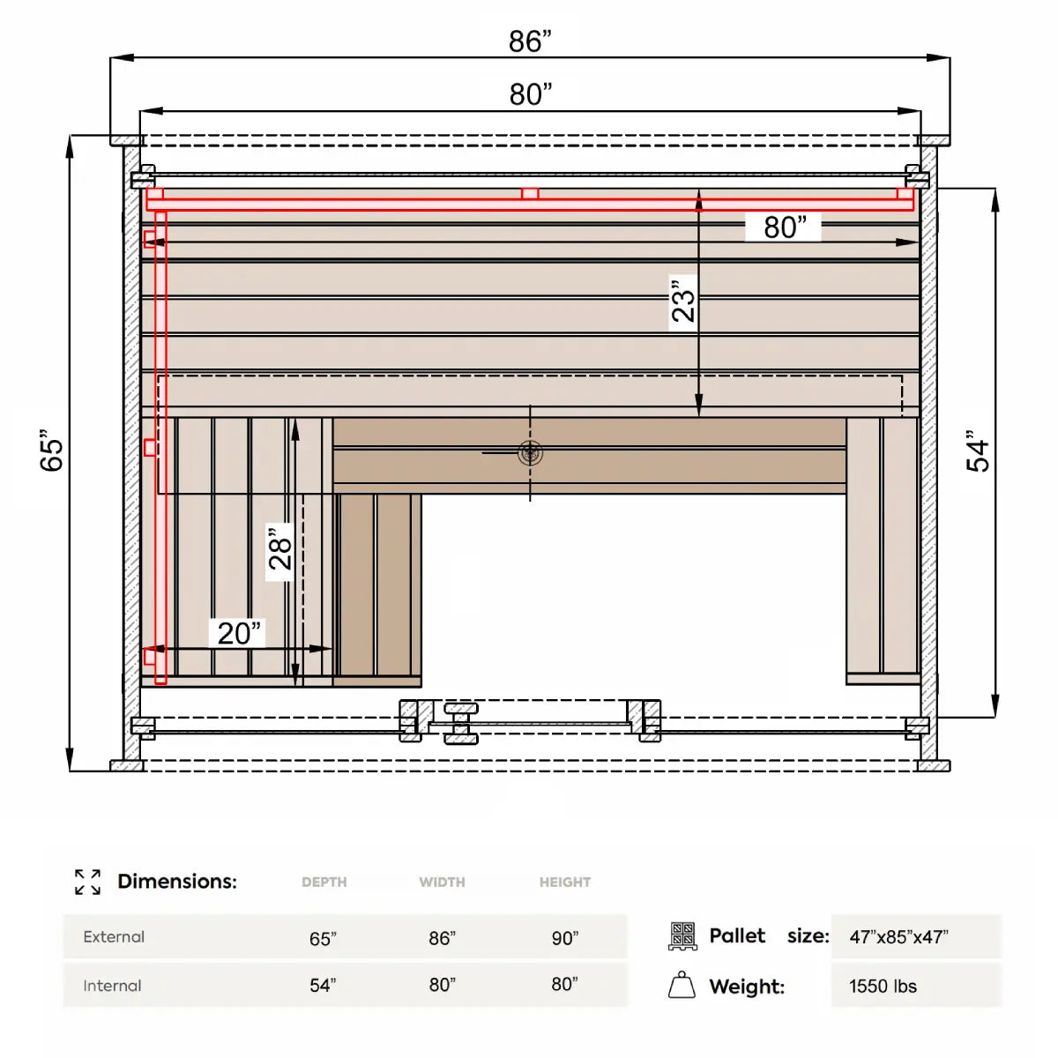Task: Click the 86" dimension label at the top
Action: coord(529,41)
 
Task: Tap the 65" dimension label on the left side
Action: coord(52,451)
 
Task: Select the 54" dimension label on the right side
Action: coord(977,451)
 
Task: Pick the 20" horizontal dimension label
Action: coord(239,633)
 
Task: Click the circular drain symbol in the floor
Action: coord(530,453)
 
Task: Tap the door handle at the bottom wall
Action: coord(460,724)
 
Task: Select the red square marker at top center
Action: coord(529,193)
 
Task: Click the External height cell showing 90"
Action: coord(565,938)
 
